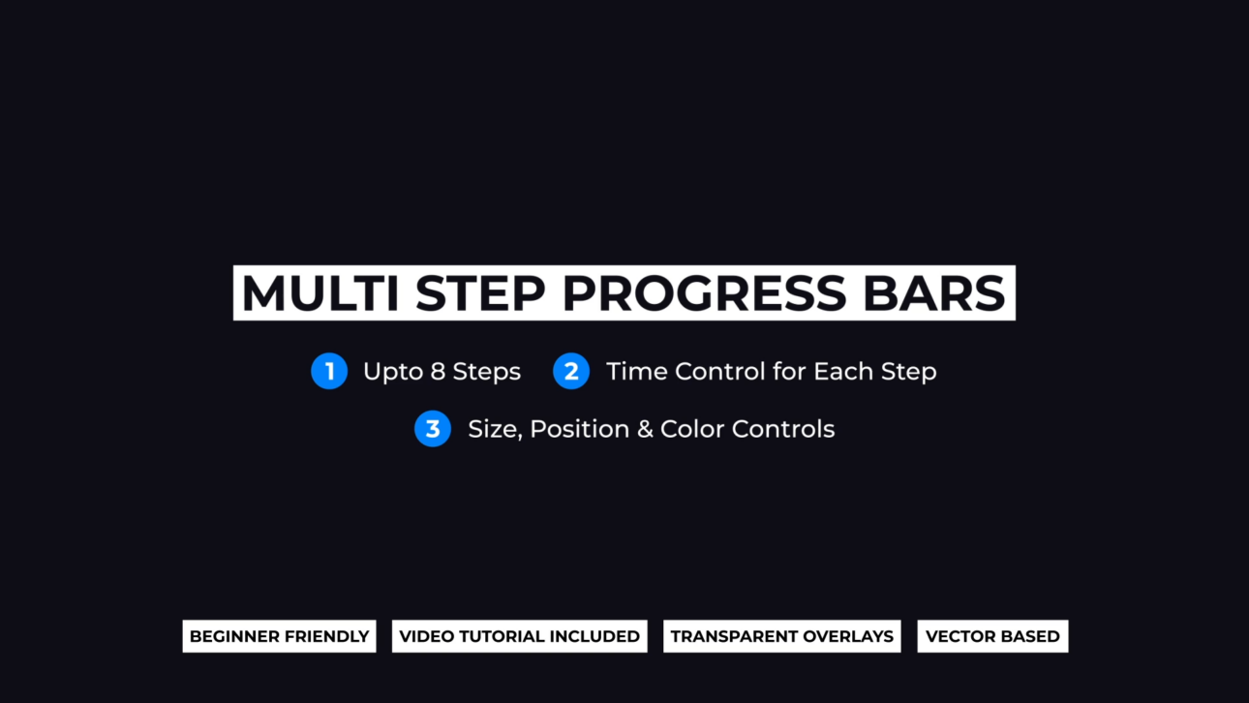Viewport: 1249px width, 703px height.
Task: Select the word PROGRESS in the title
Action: pos(704,293)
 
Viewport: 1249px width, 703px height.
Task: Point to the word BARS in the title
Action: pos(933,293)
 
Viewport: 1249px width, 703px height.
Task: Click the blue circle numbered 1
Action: pos(329,371)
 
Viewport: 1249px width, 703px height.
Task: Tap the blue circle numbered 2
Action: pos(571,371)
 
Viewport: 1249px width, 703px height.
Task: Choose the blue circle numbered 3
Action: pos(433,429)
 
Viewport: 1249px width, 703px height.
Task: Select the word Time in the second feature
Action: pos(636,372)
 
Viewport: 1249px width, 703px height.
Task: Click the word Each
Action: pos(843,372)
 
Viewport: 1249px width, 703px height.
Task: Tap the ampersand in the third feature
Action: pos(645,429)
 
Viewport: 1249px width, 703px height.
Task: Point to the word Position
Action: pos(579,429)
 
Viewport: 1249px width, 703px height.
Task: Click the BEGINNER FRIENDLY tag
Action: pos(279,636)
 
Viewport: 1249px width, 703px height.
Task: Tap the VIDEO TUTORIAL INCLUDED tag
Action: pos(519,636)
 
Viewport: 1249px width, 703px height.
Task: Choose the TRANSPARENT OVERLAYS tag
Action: pos(781,636)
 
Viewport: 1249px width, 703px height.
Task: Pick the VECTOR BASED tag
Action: pos(992,636)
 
